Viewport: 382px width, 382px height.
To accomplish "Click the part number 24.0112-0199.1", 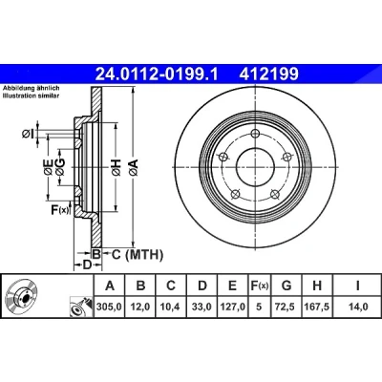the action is click(157, 74).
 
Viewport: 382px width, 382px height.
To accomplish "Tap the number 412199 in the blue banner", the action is click(269, 74).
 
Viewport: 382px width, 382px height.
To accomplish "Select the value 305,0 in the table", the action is click(110, 307).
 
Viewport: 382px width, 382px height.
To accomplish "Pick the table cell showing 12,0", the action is click(140, 307).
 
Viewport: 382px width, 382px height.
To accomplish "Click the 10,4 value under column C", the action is click(171, 307).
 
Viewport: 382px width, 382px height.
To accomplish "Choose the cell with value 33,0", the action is click(202, 307).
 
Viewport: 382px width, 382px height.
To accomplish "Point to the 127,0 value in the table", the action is click(233, 307).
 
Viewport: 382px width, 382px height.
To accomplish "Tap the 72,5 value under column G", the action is click(286, 307).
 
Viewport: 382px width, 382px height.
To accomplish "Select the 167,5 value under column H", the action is click(317, 307).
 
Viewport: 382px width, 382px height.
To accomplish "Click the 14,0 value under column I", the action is click(358, 307).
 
